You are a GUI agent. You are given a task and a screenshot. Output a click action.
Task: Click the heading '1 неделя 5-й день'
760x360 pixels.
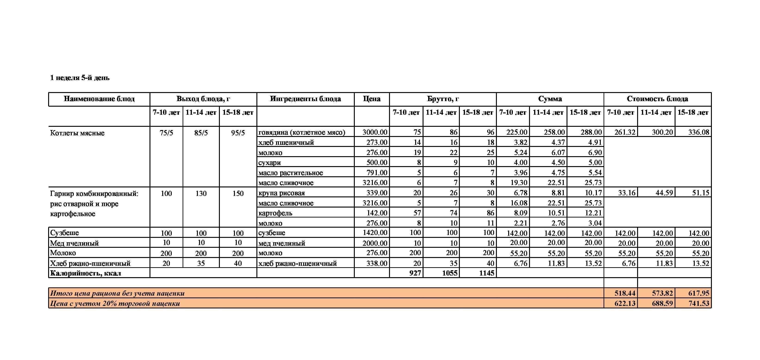pos(80,78)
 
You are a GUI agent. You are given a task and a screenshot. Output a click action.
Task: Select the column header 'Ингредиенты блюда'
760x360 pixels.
pos(305,99)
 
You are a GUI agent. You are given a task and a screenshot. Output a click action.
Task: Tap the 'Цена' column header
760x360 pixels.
pos(371,99)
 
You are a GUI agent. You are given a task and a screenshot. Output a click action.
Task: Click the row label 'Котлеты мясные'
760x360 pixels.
pos(77,133)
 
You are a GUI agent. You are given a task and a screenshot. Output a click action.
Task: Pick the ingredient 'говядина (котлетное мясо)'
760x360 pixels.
pos(302,132)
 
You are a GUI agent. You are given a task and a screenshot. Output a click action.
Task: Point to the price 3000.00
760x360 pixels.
pos(375,132)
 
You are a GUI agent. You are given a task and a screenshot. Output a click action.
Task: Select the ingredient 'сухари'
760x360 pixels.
pos(270,162)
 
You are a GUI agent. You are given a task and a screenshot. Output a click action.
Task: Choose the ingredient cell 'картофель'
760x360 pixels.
pos(275,213)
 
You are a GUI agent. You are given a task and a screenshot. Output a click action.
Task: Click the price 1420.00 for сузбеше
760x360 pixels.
pos(375,233)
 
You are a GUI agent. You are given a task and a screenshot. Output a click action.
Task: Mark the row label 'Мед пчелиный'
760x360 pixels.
pos(74,243)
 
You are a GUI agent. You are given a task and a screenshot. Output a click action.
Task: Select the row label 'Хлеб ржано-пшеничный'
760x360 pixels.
pos(90,263)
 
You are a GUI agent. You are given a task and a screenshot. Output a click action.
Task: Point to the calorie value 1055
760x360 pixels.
pos(450,273)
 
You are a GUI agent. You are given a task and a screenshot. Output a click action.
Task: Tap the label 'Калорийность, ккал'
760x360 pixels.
pos(86,273)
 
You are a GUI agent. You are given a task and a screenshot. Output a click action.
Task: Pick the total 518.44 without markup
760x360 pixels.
pos(625,293)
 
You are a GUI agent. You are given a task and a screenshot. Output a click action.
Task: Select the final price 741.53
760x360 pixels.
pos(699,303)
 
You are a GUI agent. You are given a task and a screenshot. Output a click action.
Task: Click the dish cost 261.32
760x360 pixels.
pos(625,132)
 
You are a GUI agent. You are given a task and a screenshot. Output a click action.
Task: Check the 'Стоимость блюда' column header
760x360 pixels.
pos(657,99)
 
